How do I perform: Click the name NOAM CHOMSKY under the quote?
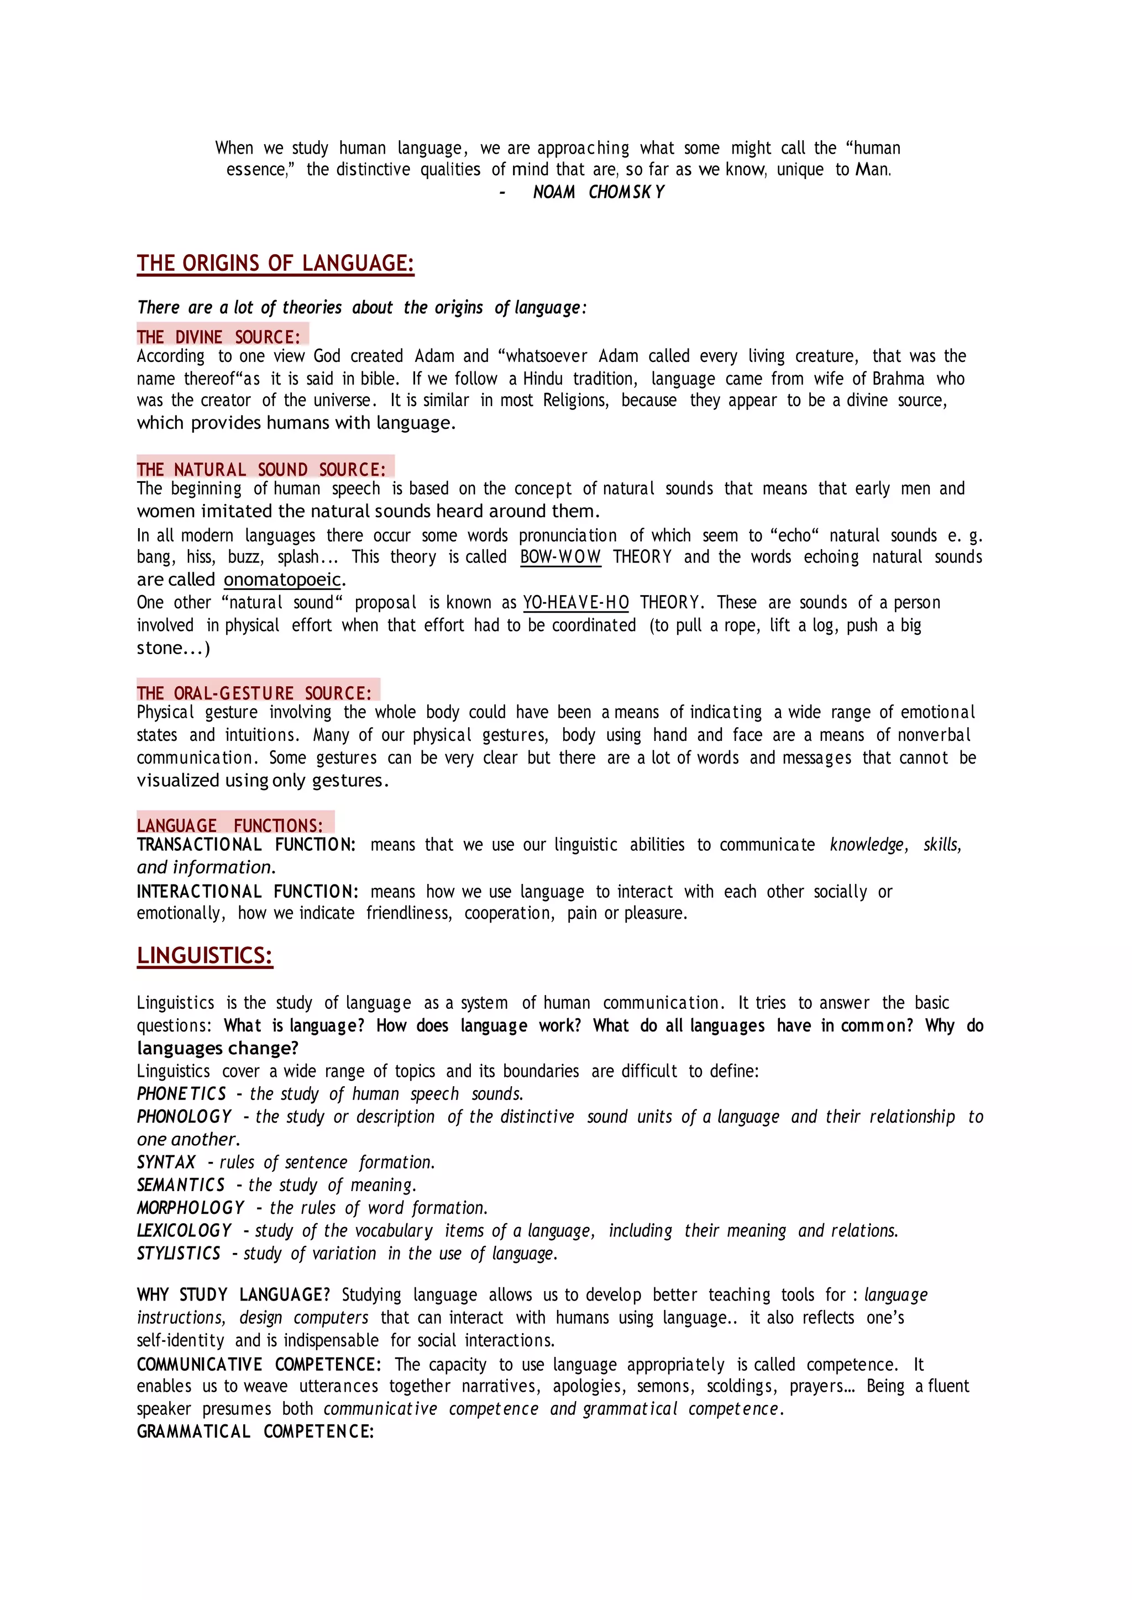coord(598,192)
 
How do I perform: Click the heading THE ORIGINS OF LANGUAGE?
coord(275,264)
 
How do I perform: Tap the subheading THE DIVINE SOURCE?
coord(218,337)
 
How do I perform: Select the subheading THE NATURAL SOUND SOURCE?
coord(261,470)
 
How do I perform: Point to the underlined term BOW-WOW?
coord(560,557)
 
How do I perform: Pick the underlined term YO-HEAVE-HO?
coord(576,603)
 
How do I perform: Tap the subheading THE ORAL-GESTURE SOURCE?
coord(254,693)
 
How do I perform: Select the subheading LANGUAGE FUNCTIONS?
coord(230,826)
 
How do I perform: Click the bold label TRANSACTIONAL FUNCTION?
coord(246,845)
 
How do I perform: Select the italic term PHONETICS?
coord(181,1094)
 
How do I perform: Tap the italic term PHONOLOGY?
coord(184,1117)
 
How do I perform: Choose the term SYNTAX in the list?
coord(166,1162)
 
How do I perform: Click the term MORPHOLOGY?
coord(190,1208)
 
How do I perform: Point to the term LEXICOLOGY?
coord(184,1230)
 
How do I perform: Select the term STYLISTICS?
coord(179,1254)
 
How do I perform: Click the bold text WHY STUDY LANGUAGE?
coord(233,1295)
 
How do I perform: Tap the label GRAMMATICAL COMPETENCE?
coord(255,1431)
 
